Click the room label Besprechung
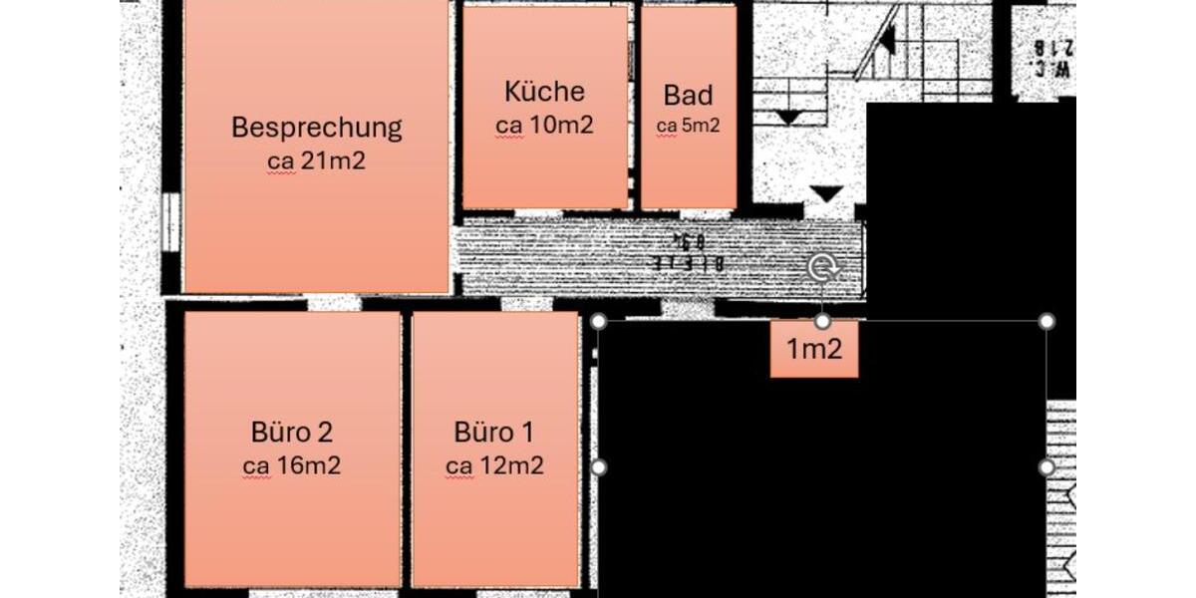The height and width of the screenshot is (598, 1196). [x=316, y=128]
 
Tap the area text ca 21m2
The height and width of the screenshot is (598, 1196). [x=316, y=160]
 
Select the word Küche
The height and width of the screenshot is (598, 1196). [x=544, y=92]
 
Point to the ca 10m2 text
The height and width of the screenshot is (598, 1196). [x=544, y=126]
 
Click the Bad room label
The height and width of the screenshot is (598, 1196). [x=688, y=96]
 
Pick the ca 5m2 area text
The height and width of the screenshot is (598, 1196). [x=688, y=127]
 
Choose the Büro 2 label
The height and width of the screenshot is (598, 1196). [x=292, y=433]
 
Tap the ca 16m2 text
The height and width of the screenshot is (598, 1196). [x=292, y=465]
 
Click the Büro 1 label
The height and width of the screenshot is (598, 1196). [x=494, y=433]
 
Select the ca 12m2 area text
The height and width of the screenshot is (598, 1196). [x=494, y=465]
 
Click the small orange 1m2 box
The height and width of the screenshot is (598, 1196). [x=814, y=350]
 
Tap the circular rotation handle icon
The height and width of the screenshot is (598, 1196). [x=822, y=267]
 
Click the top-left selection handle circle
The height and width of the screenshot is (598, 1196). [x=599, y=321]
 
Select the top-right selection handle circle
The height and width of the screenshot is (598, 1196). [x=1046, y=321]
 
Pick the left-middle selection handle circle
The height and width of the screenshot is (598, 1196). [x=599, y=466]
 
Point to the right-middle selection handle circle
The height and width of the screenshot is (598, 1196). [x=1046, y=466]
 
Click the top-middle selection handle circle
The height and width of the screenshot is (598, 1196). [x=822, y=321]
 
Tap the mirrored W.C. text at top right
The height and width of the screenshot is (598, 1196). [x=1051, y=58]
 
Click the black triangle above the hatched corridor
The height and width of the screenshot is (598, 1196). [x=827, y=192]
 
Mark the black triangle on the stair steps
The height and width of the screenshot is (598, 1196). [x=788, y=117]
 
